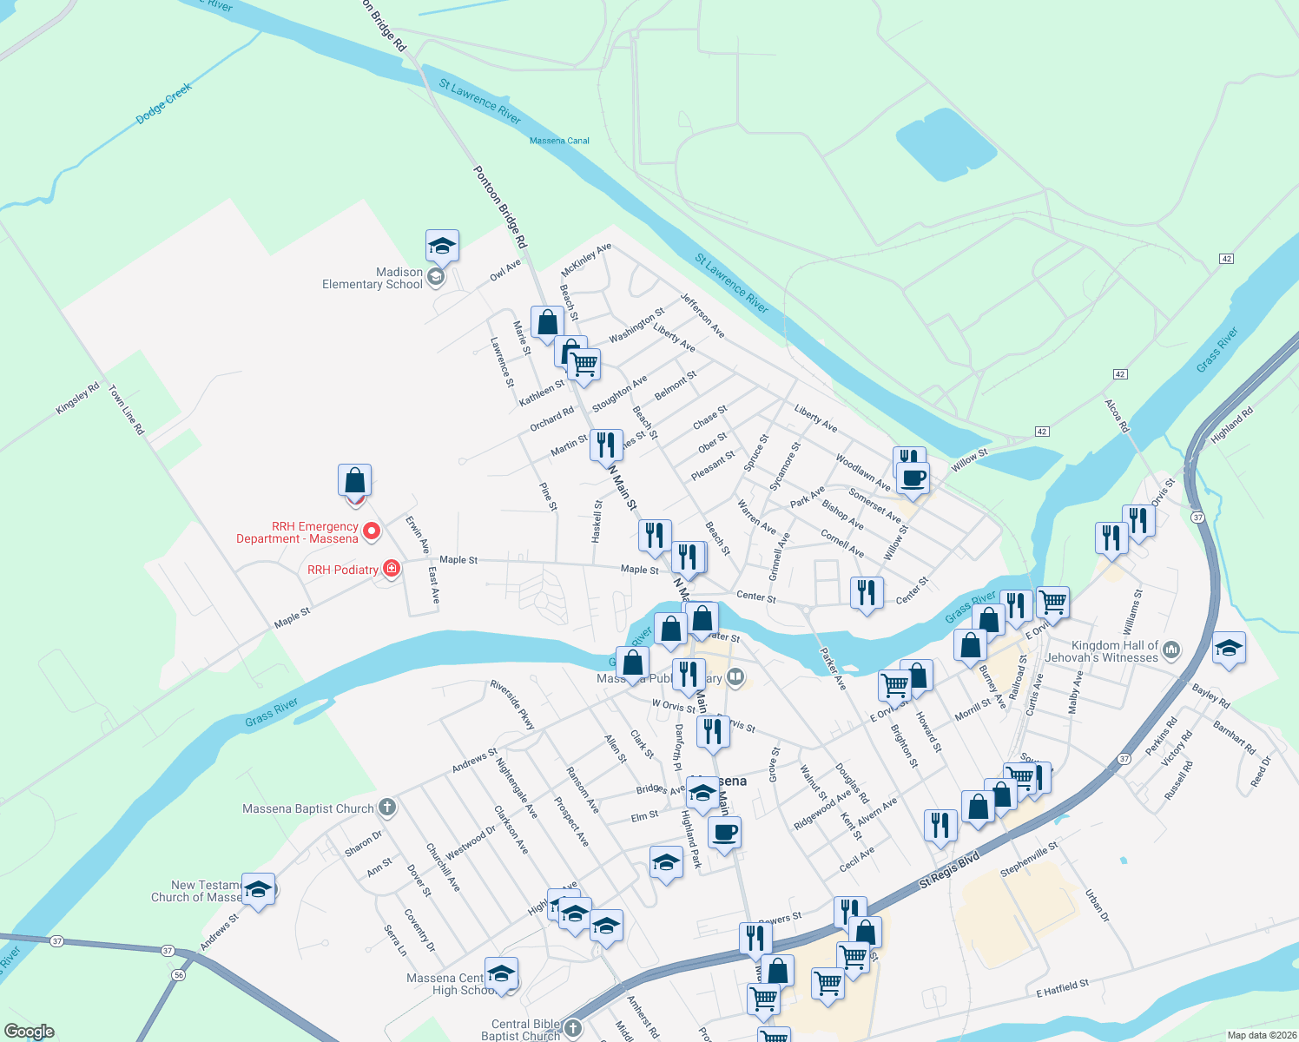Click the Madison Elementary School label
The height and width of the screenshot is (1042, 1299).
(x=373, y=278)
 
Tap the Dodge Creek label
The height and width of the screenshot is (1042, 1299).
(x=163, y=104)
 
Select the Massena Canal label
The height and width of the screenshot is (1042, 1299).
(x=559, y=141)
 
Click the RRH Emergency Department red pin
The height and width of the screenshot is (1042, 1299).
(x=371, y=531)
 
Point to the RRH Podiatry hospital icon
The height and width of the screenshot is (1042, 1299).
(x=392, y=569)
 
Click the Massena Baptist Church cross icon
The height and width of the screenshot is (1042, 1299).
(x=387, y=808)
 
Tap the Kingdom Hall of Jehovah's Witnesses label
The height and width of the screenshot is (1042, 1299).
(x=1114, y=651)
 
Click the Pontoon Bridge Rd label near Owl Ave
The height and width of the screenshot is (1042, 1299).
(x=500, y=207)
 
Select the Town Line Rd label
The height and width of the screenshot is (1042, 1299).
(x=126, y=410)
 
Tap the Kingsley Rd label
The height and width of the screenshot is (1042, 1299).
(x=78, y=398)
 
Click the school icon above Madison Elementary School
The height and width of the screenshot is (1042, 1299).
(x=442, y=247)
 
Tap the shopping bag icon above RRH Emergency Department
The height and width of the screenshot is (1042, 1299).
(x=354, y=479)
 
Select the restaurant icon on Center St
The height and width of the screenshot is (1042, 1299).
(x=867, y=592)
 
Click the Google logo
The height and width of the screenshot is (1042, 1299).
(x=30, y=1032)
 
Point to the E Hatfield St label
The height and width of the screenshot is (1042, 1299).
(x=1062, y=988)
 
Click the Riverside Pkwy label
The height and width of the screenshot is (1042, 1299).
(x=512, y=704)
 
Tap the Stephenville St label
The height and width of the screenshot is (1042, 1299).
(x=1029, y=858)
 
